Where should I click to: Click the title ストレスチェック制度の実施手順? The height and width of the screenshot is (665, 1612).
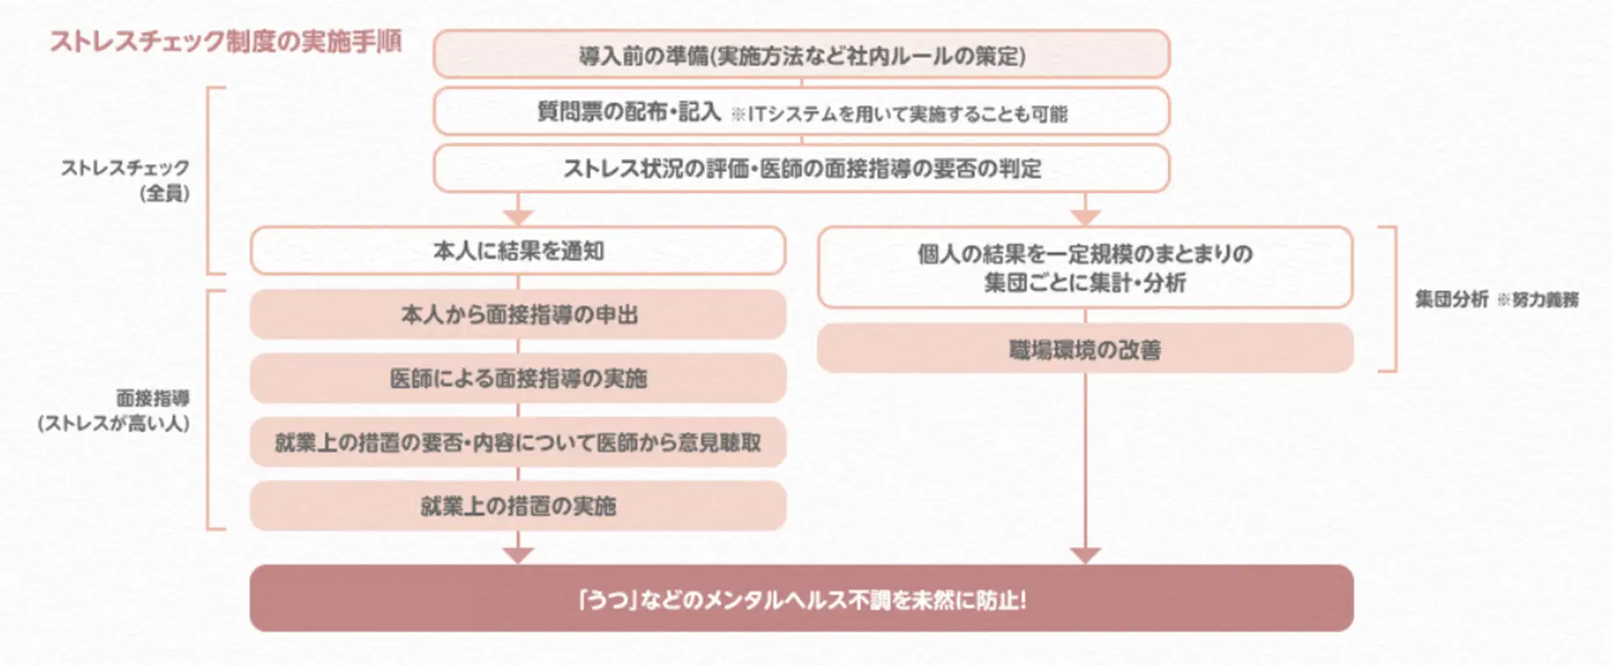tap(225, 42)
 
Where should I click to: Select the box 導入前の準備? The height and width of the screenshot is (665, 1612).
tap(801, 55)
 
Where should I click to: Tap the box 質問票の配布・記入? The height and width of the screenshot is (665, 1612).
tap(628, 112)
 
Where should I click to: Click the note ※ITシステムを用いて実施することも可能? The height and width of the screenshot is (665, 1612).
tap(899, 114)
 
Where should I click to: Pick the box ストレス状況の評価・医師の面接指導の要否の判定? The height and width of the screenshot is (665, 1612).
tap(801, 168)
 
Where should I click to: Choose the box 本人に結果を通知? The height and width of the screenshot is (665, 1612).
tap(517, 251)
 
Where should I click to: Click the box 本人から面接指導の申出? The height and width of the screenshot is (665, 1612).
tap(517, 315)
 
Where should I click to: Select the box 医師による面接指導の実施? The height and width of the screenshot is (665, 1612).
tap(517, 378)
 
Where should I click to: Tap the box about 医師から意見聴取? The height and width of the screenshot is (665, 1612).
tap(517, 442)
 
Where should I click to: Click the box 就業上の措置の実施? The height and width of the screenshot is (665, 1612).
tap(517, 506)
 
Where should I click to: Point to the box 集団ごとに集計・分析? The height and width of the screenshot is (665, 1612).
tap(1085, 268)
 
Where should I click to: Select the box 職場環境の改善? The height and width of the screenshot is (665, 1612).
tap(1085, 349)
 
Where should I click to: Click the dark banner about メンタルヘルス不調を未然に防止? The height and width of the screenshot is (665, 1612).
tap(801, 599)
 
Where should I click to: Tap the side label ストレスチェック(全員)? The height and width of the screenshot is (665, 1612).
tap(125, 180)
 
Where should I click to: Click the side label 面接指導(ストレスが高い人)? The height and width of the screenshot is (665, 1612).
tap(114, 411)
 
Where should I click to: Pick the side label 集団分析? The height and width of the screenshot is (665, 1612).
tap(1451, 299)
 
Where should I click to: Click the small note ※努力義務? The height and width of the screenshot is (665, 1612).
tap(1537, 300)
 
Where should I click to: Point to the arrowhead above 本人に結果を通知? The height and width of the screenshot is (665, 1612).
tap(518, 216)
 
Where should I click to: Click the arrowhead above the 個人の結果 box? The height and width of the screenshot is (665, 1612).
tap(1086, 216)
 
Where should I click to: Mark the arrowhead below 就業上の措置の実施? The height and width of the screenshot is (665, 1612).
tap(518, 554)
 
